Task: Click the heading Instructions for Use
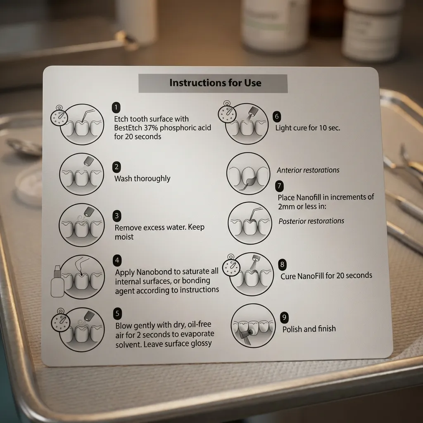tap(215, 83)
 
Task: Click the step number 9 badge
tap(284, 318)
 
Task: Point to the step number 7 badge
tap(280, 185)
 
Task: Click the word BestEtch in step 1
tap(130, 128)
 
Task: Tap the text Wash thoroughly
tap(142, 178)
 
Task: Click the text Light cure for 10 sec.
tap(308, 128)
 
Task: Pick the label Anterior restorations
tap(308, 170)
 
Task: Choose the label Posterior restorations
tap(311, 221)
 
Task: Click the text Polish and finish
tap(309, 329)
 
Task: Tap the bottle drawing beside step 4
tap(57, 283)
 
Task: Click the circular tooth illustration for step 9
tap(253, 326)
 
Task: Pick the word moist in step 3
tap(124, 237)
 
